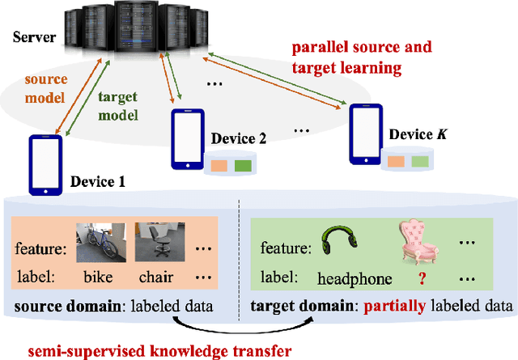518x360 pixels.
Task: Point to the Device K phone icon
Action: click(363, 132)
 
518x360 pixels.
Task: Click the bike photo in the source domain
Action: click(97, 241)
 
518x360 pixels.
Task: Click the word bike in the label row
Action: click(100, 277)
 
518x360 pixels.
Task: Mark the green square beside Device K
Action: click(419, 162)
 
